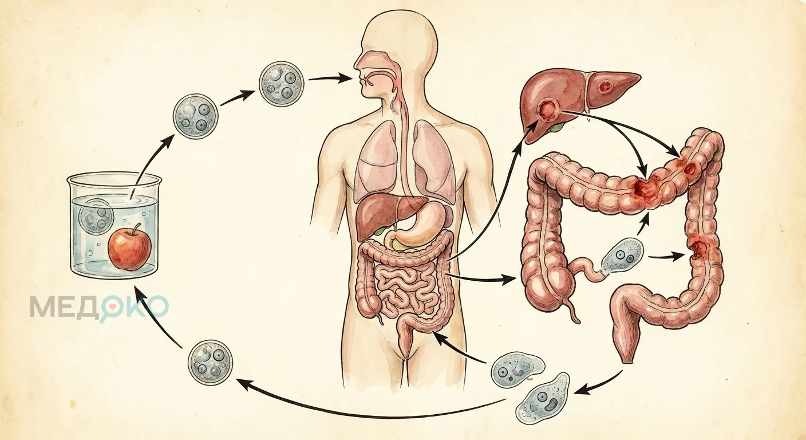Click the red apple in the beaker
click(129, 250)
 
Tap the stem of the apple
click(137, 229)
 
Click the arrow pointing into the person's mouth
click(330, 78)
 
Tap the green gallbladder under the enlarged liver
click(557, 126)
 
